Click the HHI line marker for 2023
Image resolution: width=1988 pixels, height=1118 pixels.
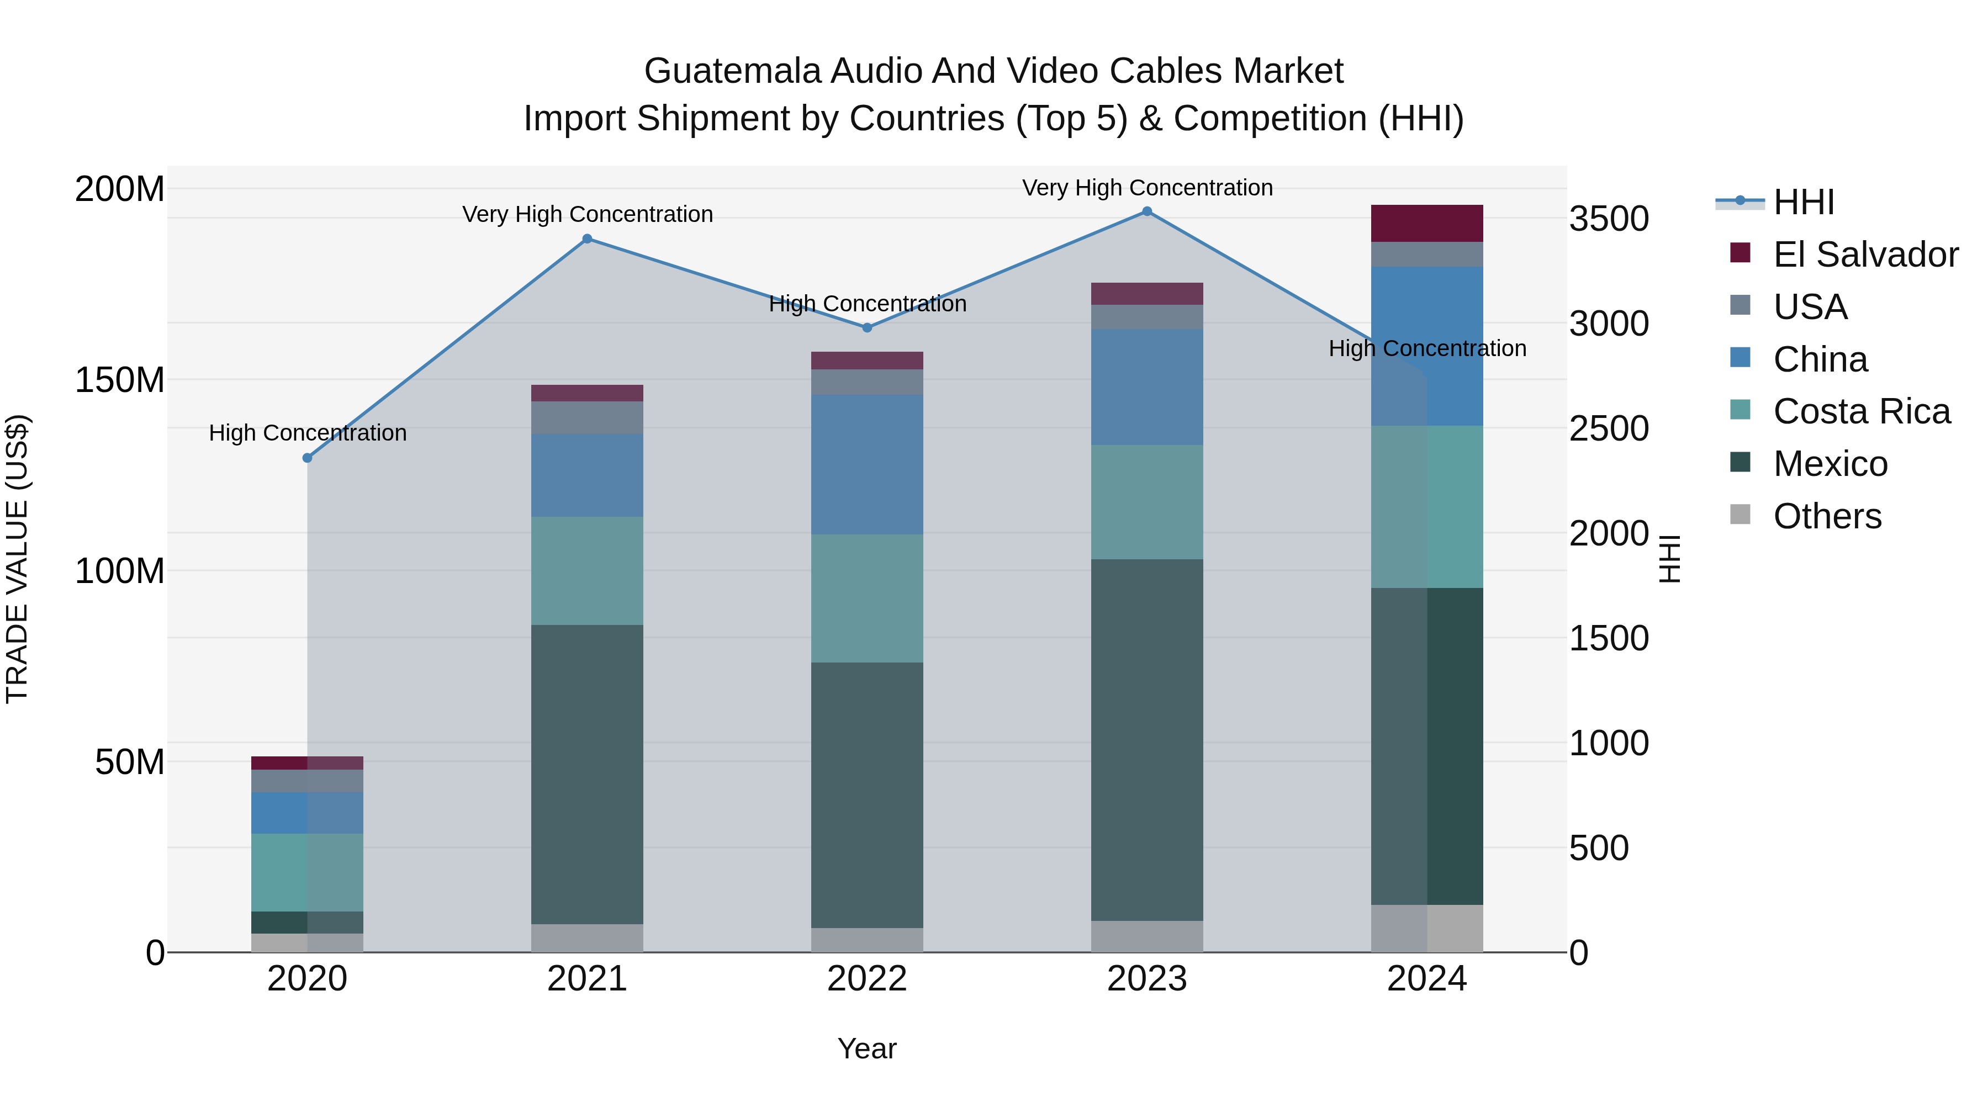[1147, 211]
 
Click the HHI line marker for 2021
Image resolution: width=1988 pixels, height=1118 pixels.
[588, 239]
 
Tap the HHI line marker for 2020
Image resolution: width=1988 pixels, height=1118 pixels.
[307, 458]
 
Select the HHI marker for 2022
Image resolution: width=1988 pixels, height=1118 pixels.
[866, 328]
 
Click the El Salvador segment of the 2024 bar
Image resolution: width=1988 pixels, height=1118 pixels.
[1427, 224]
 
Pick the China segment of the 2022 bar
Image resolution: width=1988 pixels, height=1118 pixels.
[866, 464]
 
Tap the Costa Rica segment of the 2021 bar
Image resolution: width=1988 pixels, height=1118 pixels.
[588, 570]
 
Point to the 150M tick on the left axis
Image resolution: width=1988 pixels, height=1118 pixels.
[120, 380]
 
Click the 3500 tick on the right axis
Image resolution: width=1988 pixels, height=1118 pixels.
[1609, 219]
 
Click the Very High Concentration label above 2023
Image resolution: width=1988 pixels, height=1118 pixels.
[1147, 188]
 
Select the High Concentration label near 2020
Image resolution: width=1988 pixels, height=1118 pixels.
[307, 433]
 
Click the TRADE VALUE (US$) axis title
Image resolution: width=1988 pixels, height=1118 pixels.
[17, 559]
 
